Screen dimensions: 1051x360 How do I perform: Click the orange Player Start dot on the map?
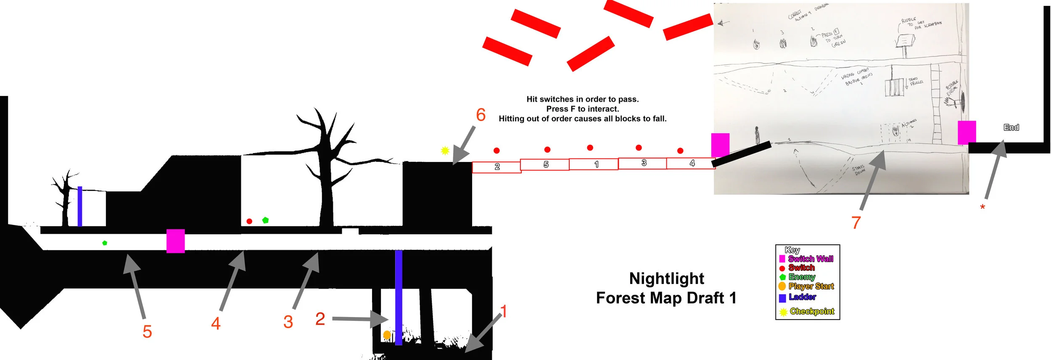click(387, 335)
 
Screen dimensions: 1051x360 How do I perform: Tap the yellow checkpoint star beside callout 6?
click(445, 150)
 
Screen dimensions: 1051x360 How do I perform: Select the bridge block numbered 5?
click(545, 164)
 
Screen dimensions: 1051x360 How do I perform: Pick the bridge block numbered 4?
click(691, 163)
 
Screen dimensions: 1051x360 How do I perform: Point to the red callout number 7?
click(856, 222)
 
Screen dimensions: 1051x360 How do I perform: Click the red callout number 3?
click(288, 322)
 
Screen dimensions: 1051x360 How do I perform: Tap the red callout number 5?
click(147, 331)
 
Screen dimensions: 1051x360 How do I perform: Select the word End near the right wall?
click(1011, 127)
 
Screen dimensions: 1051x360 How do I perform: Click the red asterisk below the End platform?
click(982, 207)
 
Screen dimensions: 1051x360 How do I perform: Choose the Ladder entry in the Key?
click(802, 297)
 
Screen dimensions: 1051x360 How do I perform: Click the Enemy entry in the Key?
click(801, 277)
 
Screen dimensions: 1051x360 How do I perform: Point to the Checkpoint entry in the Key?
click(811, 311)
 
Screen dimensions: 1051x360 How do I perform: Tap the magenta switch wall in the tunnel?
click(175, 241)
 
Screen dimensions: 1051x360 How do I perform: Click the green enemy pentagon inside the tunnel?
click(105, 243)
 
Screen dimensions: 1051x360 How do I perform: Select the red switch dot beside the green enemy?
click(249, 221)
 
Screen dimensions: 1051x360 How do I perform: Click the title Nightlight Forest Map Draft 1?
click(666, 288)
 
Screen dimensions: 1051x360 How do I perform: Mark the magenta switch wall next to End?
click(966, 132)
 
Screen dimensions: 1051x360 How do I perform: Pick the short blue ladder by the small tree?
click(80, 206)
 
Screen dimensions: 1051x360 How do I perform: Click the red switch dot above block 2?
click(496, 151)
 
